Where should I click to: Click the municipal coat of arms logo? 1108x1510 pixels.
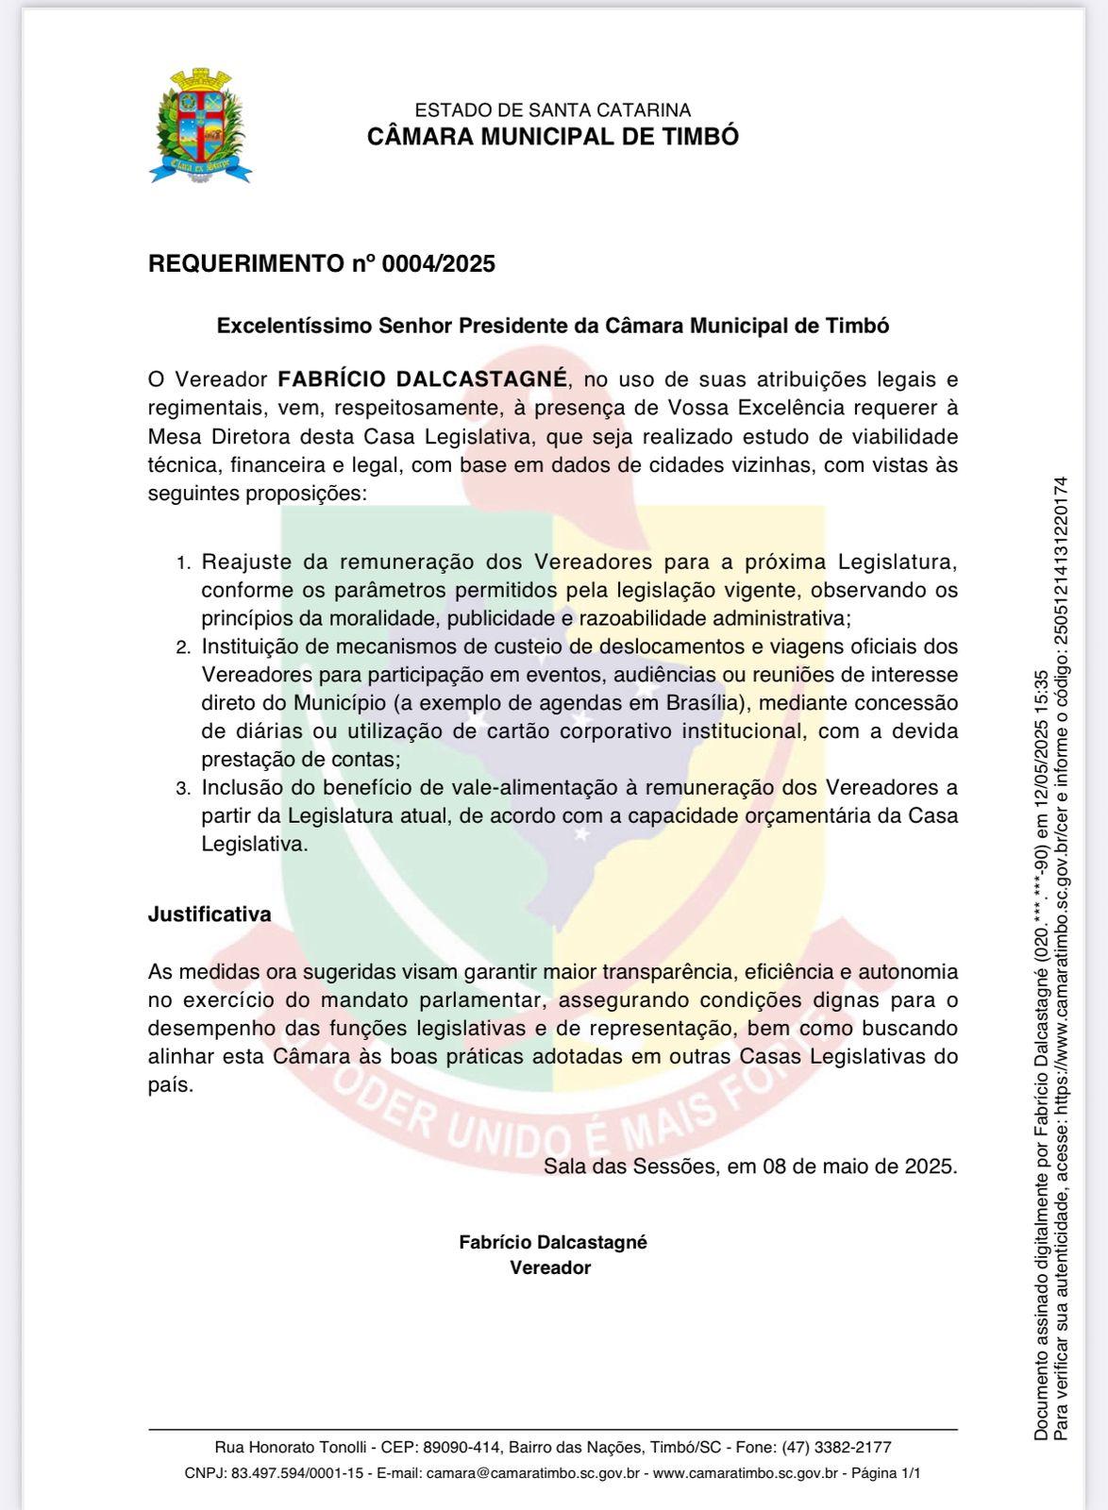[x=200, y=126]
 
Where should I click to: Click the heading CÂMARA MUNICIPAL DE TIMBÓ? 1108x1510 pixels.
[x=552, y=137]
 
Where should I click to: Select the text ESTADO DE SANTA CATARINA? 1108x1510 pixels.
[x=552, y=110]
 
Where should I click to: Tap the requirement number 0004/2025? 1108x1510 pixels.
[x=438, y=263]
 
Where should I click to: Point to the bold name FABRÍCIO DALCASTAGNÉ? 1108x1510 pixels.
[x=422, y=379]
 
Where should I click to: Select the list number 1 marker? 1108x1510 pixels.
[x=183, y=563]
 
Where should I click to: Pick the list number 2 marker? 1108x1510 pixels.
[x=183, y=648]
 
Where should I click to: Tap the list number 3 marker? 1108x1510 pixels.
[x=183, y=789]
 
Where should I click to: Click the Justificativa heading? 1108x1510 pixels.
[x=210, y=914]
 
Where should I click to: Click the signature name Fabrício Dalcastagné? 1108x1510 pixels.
[x=553, y=1242]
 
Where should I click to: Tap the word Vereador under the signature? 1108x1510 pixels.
[x=550, y=1267]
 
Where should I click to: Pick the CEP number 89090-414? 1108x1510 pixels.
[x=462, y=1447]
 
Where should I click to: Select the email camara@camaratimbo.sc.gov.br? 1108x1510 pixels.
[x=533, y=1472]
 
